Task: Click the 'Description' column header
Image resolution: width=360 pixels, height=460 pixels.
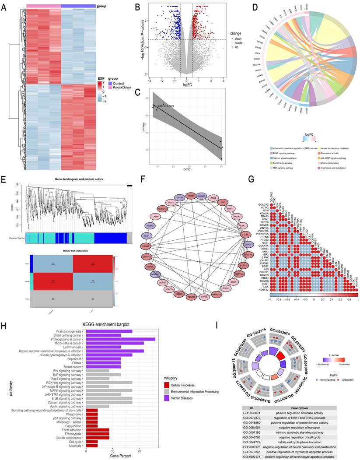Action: tap(301, 408)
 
